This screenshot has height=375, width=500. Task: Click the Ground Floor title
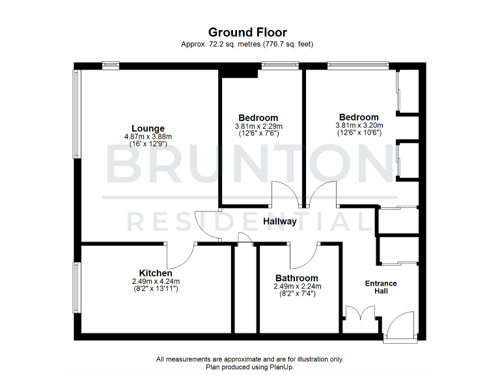point(247,32)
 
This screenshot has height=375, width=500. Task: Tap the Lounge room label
point(148,128)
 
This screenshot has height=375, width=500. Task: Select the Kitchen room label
point(156,273)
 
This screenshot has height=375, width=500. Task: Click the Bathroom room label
point(296,278)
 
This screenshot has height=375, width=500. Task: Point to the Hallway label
point(280,221)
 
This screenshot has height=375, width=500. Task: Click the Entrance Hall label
point(381,287)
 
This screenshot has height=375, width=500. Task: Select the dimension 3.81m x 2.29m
point(258,126)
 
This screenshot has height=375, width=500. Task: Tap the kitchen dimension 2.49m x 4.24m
point(155,281)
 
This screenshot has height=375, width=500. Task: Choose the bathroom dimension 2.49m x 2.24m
point(297,286)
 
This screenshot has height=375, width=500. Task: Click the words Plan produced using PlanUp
point(249,367)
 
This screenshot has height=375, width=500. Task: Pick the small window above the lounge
point(111,64)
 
